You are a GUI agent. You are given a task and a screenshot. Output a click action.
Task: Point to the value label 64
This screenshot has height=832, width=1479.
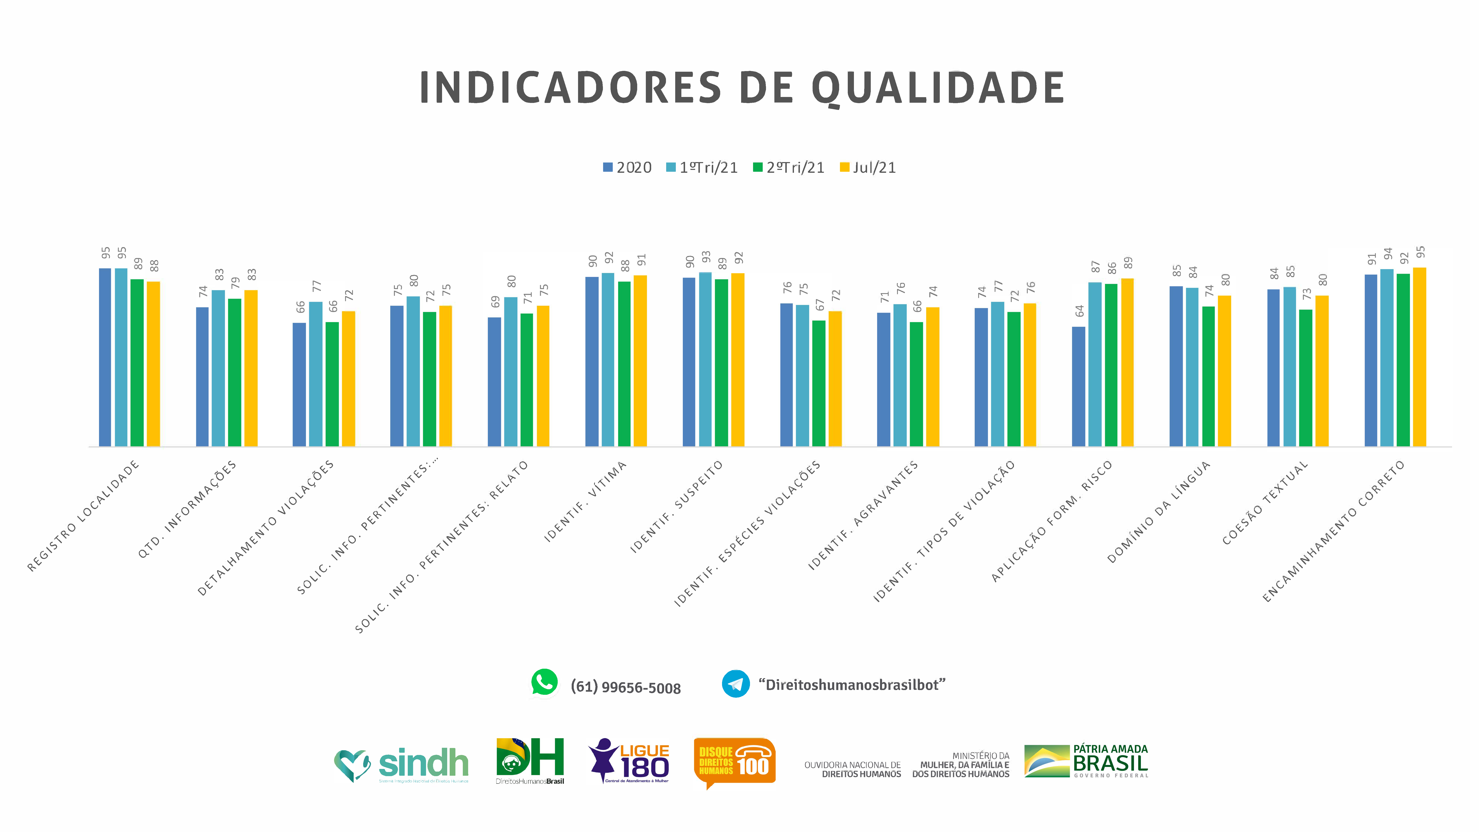pyautogui.click(x=1079, y=311)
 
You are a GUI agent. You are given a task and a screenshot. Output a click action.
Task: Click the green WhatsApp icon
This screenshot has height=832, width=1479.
pyautogui.click(x=544, y=683)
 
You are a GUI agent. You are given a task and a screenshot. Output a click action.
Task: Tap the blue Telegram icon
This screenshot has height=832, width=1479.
pyautogui.click(x=735, y=684)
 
